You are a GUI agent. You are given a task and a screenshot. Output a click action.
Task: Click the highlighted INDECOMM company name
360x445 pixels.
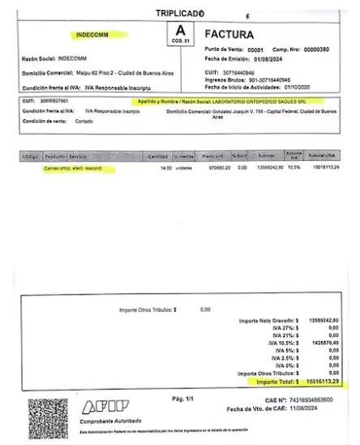(92, 37)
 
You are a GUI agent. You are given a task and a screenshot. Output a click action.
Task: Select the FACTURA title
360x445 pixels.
(229, 35)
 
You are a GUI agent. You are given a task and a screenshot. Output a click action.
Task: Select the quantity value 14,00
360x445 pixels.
(166, 168)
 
